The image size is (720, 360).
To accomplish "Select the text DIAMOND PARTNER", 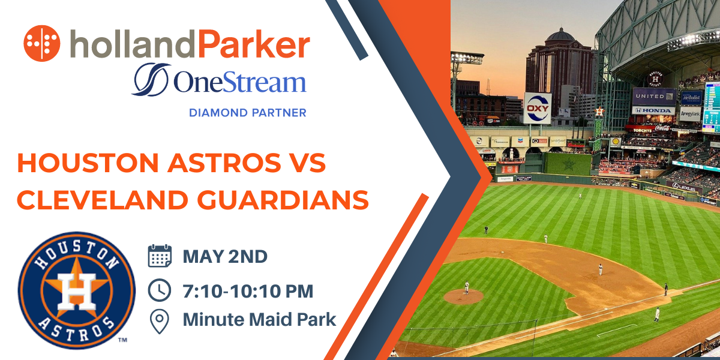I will pos(248,112).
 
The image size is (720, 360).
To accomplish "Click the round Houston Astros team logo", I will pos(76,289).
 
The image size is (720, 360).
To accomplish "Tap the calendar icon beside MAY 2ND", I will pos(160,256).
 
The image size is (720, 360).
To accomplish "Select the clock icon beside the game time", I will pos(160,291).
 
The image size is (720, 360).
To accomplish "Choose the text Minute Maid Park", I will pos(259,320).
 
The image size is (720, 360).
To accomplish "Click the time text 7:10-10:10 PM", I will pos(248,291).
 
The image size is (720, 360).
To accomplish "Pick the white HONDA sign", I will pos(653,110).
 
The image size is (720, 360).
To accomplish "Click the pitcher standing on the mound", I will pos(467,287).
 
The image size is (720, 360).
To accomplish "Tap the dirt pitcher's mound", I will pos(463,296).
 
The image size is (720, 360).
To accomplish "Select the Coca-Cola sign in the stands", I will pos(661,127).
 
